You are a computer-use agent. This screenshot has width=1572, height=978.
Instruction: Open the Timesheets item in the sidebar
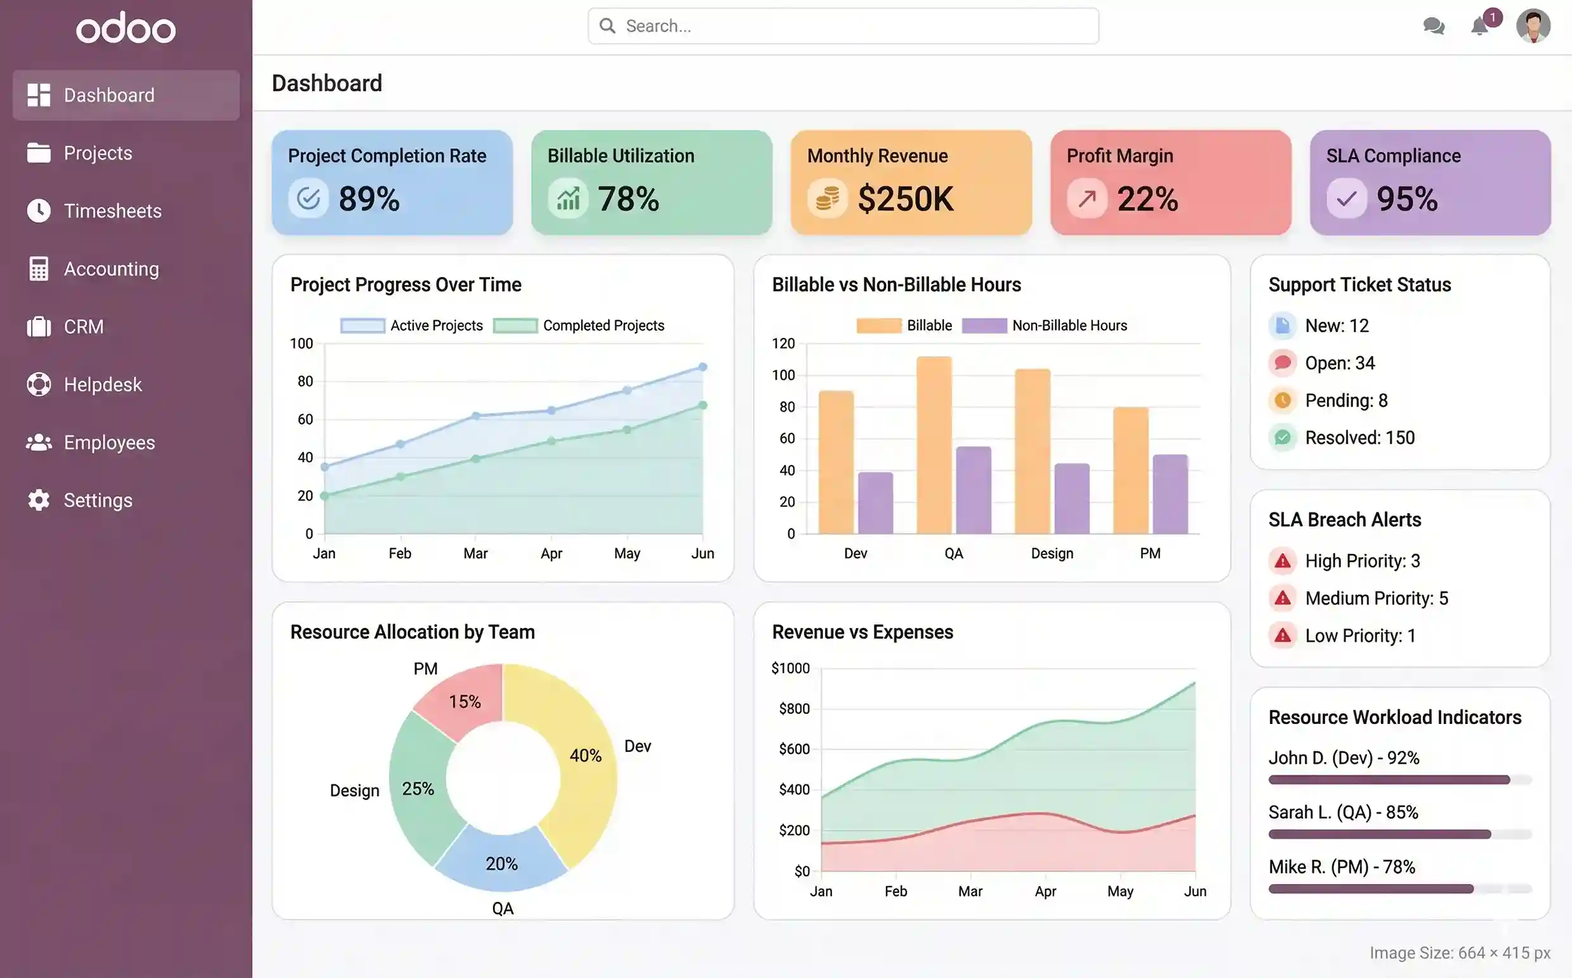[112, 211]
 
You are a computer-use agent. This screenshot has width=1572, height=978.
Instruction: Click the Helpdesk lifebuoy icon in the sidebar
[39, 384]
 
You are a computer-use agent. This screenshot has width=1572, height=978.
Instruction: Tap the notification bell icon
[1479, 27]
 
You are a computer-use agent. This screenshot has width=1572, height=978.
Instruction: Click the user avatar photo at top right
[1533, 26]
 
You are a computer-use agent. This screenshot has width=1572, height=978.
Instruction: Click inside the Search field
[843, 26]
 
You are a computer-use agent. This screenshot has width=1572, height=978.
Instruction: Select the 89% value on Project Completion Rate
[369, 199]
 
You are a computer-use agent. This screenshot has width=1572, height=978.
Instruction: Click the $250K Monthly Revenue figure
[905, 199]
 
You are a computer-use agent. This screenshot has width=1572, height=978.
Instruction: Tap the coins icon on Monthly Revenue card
[828, 198]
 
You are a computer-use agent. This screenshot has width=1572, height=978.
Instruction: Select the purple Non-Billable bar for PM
[1170, 494]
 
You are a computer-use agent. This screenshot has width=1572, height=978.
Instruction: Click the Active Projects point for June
[703, 367]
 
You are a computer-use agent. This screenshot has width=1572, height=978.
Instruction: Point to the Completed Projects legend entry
[602, 325]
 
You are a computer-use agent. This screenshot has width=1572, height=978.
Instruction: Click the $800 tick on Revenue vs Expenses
[794, 709]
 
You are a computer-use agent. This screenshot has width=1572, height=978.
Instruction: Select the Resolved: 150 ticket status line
[1359, 438]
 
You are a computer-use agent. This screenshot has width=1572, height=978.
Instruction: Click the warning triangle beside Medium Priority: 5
[1283, 598]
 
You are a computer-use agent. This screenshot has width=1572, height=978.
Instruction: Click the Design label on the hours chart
[1052, 554]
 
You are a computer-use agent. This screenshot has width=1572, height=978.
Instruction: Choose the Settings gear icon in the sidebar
[39, 500]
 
